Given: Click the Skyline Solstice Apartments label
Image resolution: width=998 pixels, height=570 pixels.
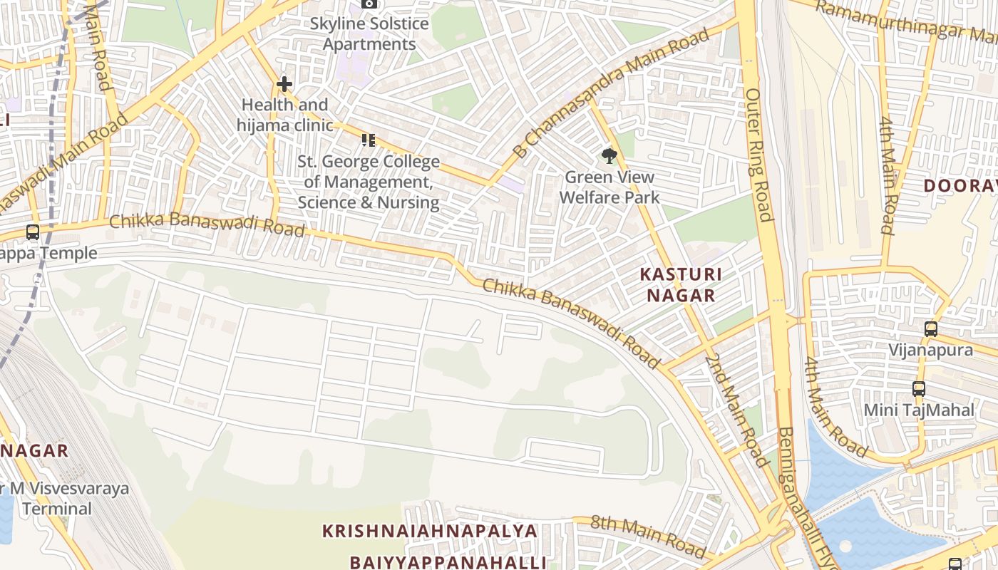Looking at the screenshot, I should coord(369,33).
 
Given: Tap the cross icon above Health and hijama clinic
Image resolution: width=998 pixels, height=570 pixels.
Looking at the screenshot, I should coord(284,85).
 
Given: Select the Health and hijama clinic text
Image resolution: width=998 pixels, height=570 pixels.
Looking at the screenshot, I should coord(285,115).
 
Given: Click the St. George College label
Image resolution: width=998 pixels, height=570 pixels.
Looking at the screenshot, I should coord(369,182).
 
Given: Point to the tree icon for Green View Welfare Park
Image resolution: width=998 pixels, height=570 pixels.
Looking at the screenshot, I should coord(609,156).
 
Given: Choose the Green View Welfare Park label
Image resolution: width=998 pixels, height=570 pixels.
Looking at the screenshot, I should coord(609,187).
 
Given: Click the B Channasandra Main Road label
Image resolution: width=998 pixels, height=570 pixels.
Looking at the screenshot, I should coord(612,93).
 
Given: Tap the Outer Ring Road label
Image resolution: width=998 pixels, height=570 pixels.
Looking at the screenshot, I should coord(759,155).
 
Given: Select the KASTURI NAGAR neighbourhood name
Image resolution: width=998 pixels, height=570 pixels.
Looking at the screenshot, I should coord(681,284).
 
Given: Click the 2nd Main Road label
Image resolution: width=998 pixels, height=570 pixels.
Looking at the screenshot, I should coord(737,409).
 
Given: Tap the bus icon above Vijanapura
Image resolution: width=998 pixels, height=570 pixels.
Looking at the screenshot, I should coord(931,329).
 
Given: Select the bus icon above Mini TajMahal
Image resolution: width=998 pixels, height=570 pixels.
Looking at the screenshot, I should coord(919,389).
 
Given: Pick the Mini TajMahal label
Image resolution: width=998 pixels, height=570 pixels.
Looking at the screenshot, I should coord(918,410).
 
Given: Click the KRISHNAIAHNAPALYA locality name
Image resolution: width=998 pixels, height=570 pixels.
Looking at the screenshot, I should coord(430,531).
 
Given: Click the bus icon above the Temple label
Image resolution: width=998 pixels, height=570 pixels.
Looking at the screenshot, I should coord(33,232).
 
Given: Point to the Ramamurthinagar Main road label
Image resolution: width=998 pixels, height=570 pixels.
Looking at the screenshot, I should coord(905,21).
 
